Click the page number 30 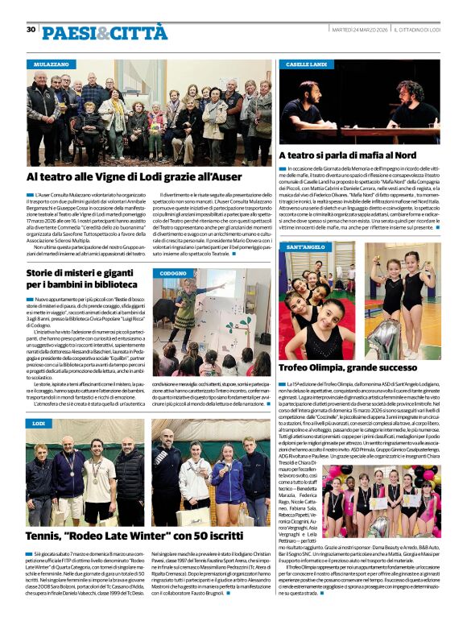pos(31,29)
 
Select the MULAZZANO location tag pos(51,63)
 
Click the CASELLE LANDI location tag pos(306,63)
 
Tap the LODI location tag pos(39,423)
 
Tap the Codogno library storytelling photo pos(211,322)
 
